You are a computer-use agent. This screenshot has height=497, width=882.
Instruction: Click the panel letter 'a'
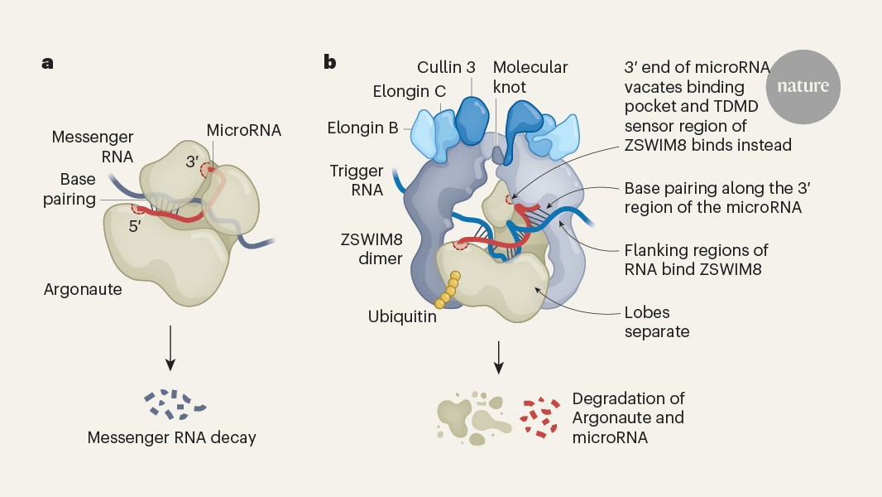pyautogui.click(x=48, y=63)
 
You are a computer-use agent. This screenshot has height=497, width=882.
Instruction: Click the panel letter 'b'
pyautogui.click(x=330, y=62)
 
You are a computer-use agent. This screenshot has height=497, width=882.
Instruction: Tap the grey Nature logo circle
pyautogui.click(x=803, y=86)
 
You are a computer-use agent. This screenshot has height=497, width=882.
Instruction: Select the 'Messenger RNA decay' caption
pyautogui.click(x=172, y=437)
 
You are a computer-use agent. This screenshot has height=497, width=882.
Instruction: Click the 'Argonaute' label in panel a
pyautogui.click(x=83, y=289)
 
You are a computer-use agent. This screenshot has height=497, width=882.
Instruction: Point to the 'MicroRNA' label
pyautogui.click(x=243, y=130)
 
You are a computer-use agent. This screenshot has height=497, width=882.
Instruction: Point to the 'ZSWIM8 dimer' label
pyautogui.click(x=371, y=248)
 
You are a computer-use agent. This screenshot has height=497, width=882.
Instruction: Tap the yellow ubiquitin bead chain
pyautogui.click(x=448, y=288)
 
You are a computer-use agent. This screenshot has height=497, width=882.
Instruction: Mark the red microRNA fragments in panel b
pyautogui.click(x=540, y=417)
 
